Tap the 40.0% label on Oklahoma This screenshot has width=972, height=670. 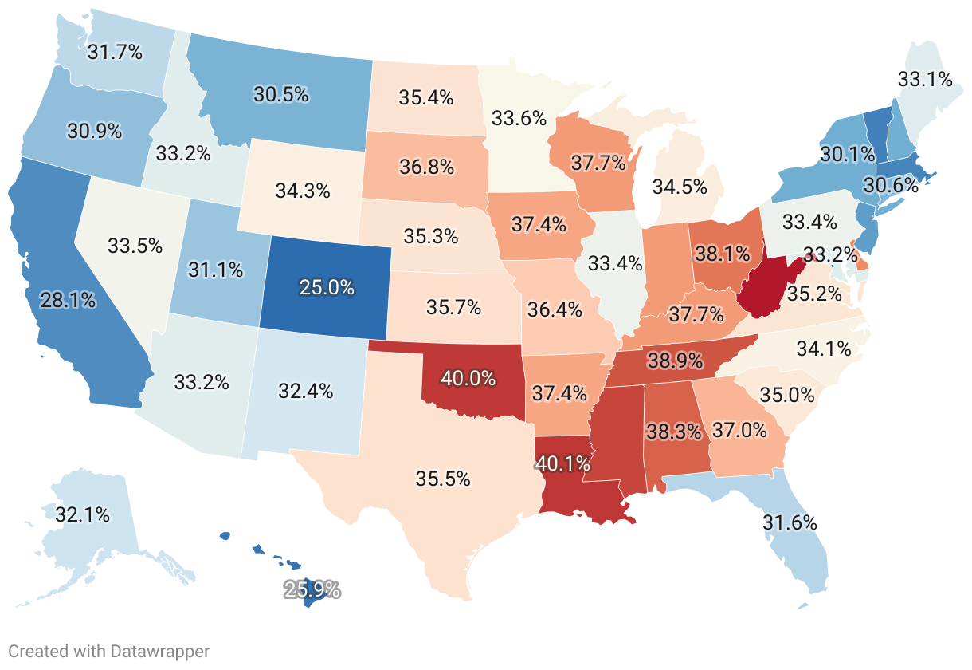pyautogui.click(x=468, y=378)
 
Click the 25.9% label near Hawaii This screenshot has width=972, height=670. pyautogui.click(x=312, y=591)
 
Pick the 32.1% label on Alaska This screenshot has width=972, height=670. pyautogui.click(x=82, y=515)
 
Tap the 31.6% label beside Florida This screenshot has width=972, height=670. pyautogui.click(x=790, y=523)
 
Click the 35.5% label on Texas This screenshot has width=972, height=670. pyautogui.click(x=442, y=479)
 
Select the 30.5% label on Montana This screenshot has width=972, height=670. pyautogui.click(x=280, y=94)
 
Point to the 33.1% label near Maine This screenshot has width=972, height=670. pyautogui.click(x=924, y=79)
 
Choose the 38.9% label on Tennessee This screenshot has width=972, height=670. pyautogui.click(x=675, y=361)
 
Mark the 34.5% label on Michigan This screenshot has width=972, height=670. pyautogui.click(x=680, y=187)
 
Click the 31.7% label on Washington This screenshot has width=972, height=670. pyautogui.click(x=115, y=53)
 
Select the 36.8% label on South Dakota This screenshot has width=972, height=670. pyautogui.click(x=426, y=167)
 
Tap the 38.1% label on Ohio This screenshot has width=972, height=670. pyautogui.click(x=722, y=254)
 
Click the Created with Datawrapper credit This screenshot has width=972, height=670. pyautogui.click(x=108, y=652)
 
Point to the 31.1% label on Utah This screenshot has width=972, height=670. pyautogui.click(x=215, y=270)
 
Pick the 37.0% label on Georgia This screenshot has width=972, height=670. pyautogui.click(x=739, y=431)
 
